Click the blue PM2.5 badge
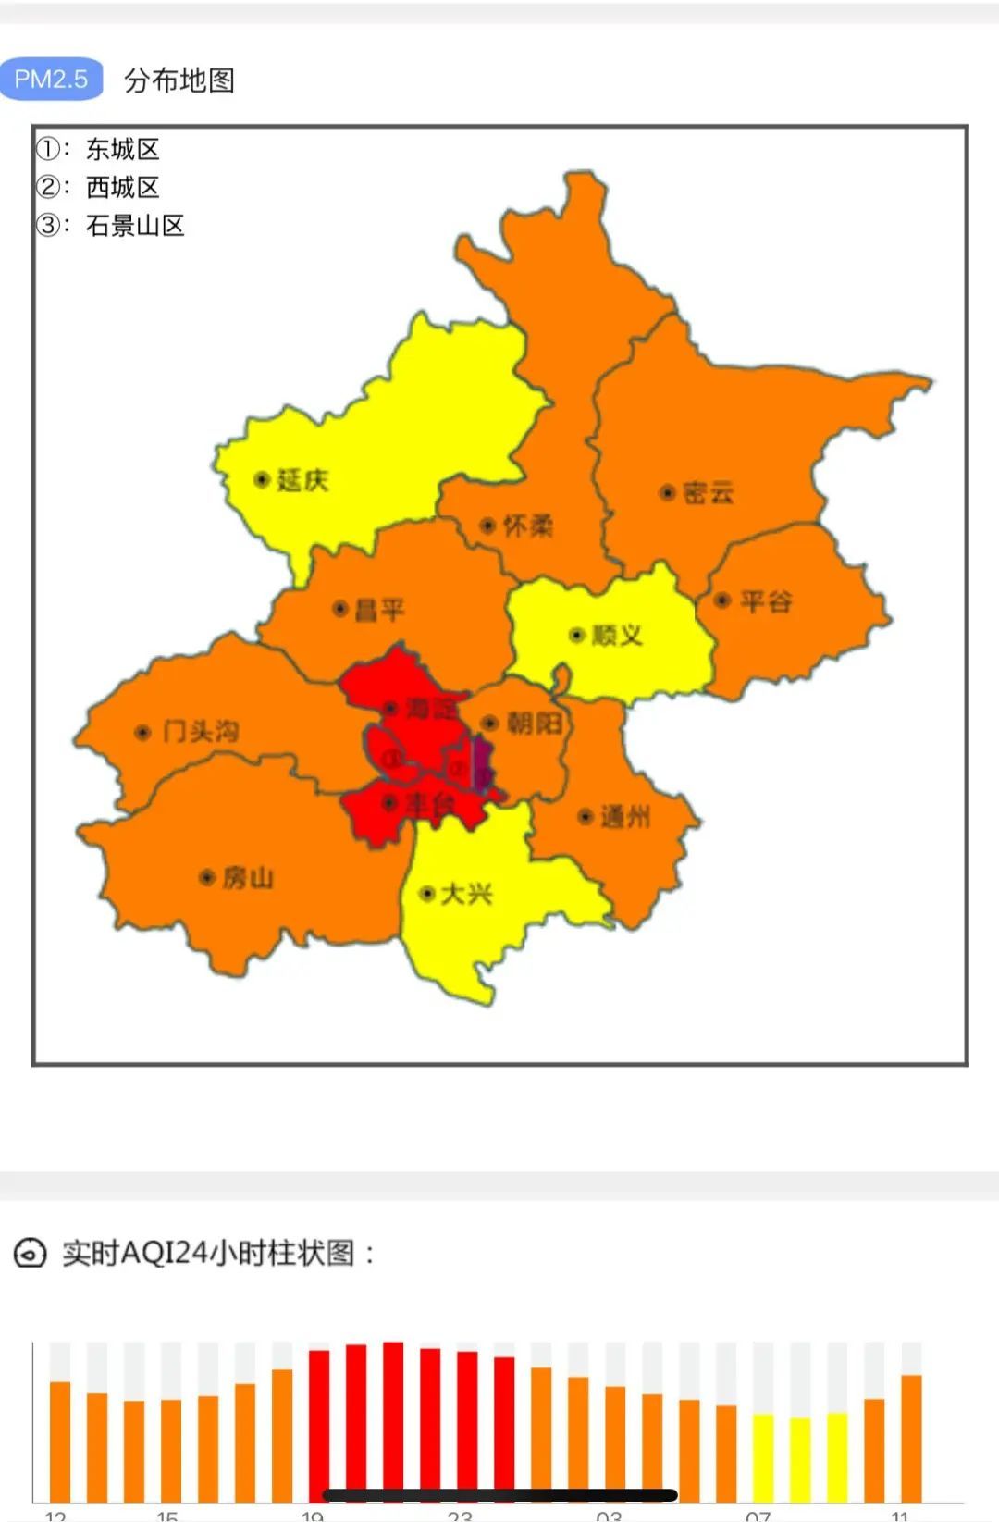[51, 80]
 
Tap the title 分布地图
[179, 80]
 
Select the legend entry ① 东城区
[99, 149]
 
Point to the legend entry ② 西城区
[99, 187]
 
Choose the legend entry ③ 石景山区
[111, 225]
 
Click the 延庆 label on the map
[302, 480]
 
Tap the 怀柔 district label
[527, 526]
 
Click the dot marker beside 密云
[666, 492]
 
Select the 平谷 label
[766, 601]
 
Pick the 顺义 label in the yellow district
[617, 635]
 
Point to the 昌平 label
[380, 610]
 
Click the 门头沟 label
[201, 732]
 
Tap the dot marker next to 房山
[207, 877]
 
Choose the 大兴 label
[466, 894]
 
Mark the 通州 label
[625, 816]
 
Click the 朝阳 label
[535, 723]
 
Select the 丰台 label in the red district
[430, 803]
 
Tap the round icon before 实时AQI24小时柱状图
[30, 1254]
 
